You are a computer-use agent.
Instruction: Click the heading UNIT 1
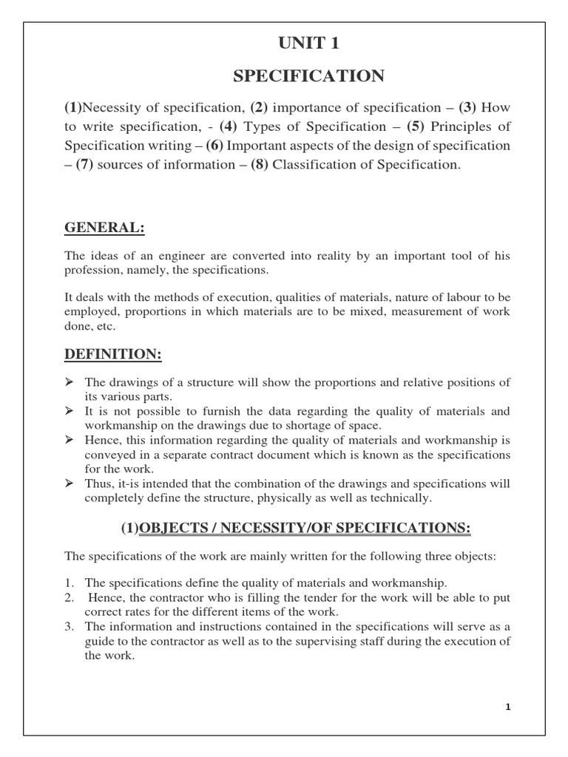pos(308,44)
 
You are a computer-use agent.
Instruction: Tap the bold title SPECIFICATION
pos(308,76)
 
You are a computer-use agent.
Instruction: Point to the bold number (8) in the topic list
pos(259,165)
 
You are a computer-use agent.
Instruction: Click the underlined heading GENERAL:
pos(104,228)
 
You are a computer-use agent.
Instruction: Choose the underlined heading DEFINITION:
pos(113,355)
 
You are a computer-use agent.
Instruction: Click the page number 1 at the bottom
pos(508,707)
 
